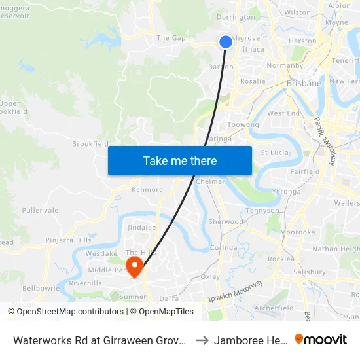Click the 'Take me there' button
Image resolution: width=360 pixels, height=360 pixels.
(x=180, y=160)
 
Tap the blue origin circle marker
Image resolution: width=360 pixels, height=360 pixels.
(x=225, y=42)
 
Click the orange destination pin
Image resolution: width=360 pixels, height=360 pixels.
(x=135, y=266)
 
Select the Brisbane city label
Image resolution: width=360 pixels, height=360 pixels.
(x=304, y=83)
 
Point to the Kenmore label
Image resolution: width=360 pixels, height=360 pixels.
(x=147, y=190)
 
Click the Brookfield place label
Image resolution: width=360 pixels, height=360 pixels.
(x=90, y=144)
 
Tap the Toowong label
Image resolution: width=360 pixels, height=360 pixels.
(x=243, y=124)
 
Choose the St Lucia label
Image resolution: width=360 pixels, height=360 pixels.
(x=274, y=153)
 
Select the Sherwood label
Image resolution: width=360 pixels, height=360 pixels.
(x=225, y=222)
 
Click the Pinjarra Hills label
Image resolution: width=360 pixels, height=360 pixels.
(x=69, y=240)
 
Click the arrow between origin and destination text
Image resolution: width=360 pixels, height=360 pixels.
(x=202, y=340)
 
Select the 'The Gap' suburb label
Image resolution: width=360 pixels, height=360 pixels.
(x=171, y=38)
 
